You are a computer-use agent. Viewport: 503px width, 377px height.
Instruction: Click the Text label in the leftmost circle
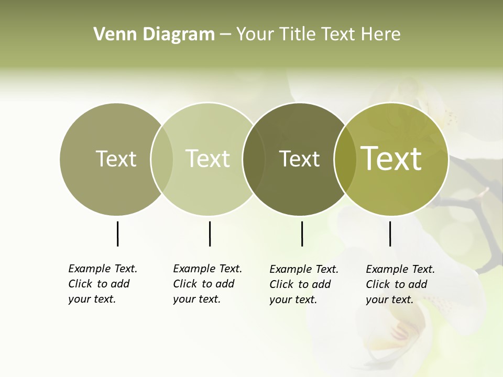116,159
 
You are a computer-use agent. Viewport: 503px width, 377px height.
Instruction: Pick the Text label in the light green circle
208,159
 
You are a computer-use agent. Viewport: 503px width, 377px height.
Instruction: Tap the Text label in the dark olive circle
299,159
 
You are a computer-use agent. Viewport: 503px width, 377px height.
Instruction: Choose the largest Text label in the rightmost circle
391,159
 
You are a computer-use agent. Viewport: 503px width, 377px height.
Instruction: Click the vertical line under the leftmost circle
117,234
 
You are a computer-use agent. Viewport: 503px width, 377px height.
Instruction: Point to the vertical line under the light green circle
210,234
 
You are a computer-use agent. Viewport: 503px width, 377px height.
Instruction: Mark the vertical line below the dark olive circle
302,234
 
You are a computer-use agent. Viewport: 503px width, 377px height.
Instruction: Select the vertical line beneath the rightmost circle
390,234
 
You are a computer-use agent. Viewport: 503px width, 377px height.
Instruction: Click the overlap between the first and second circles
162,159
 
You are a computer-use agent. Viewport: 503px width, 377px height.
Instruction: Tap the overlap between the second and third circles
254,159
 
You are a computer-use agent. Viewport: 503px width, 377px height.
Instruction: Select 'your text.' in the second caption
196,299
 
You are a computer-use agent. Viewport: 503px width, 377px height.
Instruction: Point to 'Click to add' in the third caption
300,284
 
